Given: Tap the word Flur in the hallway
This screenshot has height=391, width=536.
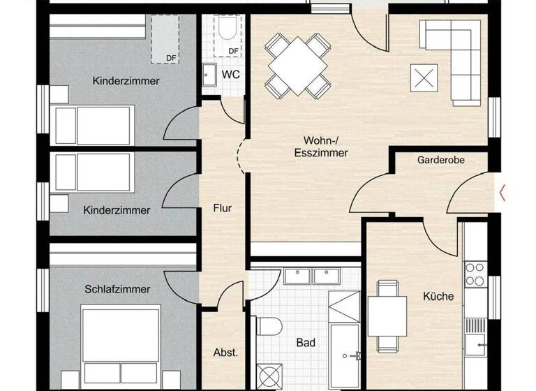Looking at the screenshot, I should coord(223,207).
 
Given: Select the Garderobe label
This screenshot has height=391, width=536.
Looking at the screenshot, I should coord(441,160).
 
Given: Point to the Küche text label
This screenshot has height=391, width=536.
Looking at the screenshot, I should coord(438,296).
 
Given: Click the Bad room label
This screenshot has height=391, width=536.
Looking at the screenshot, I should coord(306,343).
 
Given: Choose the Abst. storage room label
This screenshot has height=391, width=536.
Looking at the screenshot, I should coord(225,353).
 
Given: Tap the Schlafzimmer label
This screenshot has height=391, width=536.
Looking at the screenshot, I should coord(118,288).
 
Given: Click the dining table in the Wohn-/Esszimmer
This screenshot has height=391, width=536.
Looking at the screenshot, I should coord(298,66).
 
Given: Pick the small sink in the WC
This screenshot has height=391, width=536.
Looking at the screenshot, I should coord(209,74).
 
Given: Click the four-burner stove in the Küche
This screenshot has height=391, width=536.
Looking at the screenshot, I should coord(475,273).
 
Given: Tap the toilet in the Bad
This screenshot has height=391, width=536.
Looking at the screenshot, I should coord(268,325).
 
